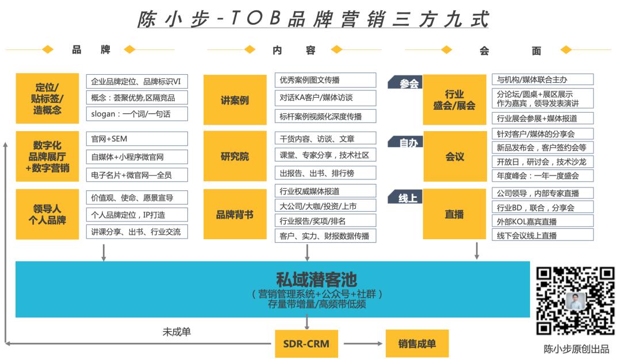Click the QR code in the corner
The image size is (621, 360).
(576, 301)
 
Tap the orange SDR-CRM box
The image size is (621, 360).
(306, 344)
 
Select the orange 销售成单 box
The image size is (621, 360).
(417, 344)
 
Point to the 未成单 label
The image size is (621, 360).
(177, 332)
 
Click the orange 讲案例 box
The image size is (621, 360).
(235, 100)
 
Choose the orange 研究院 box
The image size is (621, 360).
(235, 156)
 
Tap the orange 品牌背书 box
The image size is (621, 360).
(235, 215)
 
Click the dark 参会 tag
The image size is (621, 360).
(409, 83)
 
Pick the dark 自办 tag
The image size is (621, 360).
(409, 143)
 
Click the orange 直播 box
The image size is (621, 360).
(454, 215)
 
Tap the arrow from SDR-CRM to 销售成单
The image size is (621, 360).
(362, 344)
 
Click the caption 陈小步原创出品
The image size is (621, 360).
(576, 348)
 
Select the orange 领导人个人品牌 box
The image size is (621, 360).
(47, 215)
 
